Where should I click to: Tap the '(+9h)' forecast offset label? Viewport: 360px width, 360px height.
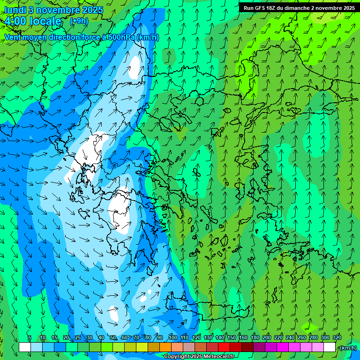(x=79, y=21)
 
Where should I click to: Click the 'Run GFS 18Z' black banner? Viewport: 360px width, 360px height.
(x=299, y=7)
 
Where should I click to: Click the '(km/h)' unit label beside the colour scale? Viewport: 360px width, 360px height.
(x=348, y=348)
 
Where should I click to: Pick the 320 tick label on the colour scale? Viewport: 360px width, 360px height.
(x=337, y=338)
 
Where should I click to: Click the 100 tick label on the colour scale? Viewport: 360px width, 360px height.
(x=172, y=338)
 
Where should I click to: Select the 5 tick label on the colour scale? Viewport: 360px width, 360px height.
(x=30, y=338)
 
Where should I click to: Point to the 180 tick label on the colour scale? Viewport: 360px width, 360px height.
(x=255, y=338)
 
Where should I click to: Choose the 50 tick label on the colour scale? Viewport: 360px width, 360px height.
(x=113, y=338)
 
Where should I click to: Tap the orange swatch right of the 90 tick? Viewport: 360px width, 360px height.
(x=165, y=347)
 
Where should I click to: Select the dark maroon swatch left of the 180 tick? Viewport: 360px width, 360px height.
(x=247, y=347)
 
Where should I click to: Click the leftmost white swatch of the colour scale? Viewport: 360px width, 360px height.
(x=25, y=347)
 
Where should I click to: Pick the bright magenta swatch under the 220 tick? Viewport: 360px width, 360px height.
(x=283, y=347)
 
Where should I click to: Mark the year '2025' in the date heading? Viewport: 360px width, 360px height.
(x=92, y=10)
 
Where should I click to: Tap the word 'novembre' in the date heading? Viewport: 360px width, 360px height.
(x=59, y=10)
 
